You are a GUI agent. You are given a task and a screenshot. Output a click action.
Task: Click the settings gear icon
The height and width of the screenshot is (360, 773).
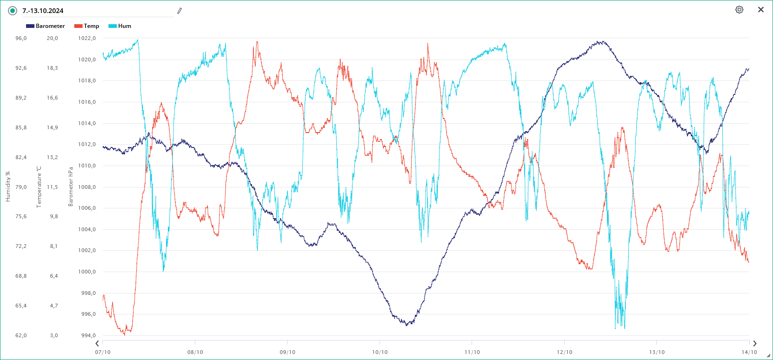(739, 10)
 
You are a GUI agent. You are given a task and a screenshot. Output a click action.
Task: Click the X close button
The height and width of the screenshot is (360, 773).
(761, 10)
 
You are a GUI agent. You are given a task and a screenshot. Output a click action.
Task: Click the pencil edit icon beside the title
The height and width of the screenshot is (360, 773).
(180, 11)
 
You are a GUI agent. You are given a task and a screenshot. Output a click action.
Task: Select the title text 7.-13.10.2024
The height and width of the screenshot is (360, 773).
(43, 11)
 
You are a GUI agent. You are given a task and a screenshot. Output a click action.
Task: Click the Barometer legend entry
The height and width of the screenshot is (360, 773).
(46, 26)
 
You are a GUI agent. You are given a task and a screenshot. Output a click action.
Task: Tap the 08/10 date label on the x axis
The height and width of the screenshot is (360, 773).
(195, 352)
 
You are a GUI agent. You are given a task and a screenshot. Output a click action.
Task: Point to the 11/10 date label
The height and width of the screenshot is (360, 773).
(472, 352)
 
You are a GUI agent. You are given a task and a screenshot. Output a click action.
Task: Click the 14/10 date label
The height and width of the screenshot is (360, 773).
(749, 352)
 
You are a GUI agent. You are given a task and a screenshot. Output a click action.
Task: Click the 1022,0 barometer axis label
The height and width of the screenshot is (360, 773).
(87, 38)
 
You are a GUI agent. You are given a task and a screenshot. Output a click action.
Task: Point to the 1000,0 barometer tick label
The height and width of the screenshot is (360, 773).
(87, 272)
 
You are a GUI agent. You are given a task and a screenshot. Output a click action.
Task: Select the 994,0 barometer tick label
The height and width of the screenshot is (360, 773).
(88, 335)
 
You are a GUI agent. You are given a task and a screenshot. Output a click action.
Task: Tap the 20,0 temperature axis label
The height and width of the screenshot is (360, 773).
(53, 38)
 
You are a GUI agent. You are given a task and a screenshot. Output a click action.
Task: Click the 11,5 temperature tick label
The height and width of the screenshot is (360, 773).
(53, 187)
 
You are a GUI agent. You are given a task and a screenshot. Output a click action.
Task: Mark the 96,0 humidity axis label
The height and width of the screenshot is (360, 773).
(21, 38)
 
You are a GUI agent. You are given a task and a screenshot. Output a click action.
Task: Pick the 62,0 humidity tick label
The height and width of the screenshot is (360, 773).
(21, 335)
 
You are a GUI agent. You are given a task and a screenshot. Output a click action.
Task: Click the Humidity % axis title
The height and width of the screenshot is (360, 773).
(8, 187)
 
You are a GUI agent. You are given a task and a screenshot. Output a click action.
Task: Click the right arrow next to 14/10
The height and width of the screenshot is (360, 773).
(754, 344)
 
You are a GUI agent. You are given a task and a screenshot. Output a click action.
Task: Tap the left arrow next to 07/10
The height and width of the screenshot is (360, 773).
(97, 344)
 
